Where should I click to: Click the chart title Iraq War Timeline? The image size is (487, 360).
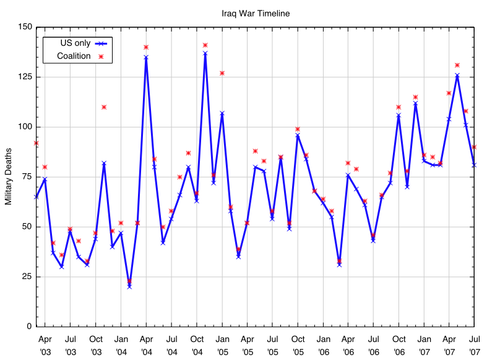coord(256,13)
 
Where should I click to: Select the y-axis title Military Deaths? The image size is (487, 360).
coord(9,176)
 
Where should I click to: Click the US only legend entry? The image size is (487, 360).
coord(75,43)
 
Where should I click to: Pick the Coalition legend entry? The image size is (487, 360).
coord(74,56)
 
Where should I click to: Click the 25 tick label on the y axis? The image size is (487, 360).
coord(27,276)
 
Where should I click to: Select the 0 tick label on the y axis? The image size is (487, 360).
coord(29,326)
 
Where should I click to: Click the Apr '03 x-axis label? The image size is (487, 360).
coord(45,345)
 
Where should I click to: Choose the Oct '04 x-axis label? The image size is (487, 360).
coord(197,345)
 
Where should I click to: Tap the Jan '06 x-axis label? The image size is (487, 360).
coord(323,345)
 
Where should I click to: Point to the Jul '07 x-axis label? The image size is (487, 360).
coord(475,345)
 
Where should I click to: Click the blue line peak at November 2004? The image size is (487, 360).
coord(205,53)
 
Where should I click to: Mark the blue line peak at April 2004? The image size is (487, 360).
coord(146,58)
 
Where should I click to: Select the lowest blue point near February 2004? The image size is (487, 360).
coord(129,286)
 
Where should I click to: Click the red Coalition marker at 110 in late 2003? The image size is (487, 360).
coord(104,107)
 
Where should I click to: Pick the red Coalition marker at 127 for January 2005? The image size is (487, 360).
coord(222,73)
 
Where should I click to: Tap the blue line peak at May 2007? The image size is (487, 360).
coord(457,75)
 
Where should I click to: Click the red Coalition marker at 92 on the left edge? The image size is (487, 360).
coord(37,143)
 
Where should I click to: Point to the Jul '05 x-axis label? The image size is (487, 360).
coord(272,345)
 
